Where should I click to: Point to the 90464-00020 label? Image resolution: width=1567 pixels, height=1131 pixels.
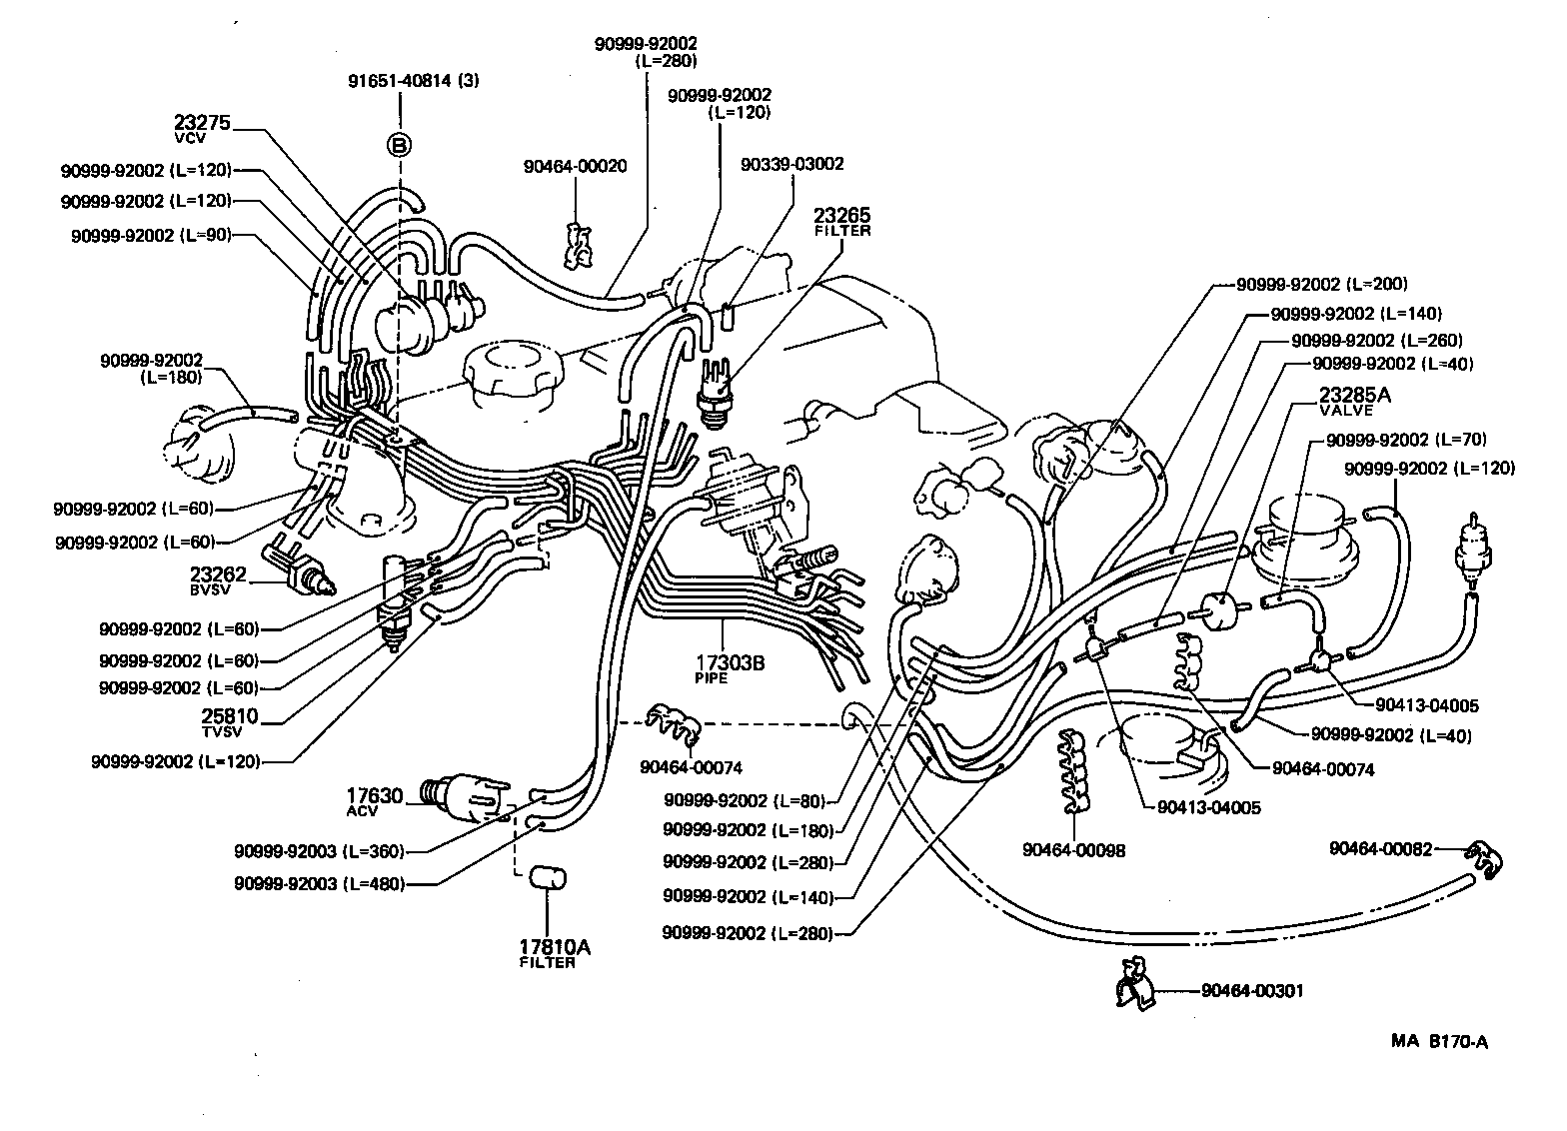[575, 166]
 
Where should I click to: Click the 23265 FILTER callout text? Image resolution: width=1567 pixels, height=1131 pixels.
[841, 221]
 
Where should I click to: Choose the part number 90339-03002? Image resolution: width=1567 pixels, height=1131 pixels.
[792, 164]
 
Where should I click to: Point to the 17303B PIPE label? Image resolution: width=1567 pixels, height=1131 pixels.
[730, 666]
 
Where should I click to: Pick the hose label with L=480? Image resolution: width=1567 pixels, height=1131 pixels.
[319, 883]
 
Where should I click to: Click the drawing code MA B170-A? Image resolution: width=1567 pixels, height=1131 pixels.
[1439, 1042]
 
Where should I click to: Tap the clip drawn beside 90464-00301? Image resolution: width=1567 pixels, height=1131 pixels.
[1134, 985]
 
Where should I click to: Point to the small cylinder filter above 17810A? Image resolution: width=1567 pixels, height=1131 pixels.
[546, 876]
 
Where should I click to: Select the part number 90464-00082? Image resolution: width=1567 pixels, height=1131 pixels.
[1380, 848]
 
